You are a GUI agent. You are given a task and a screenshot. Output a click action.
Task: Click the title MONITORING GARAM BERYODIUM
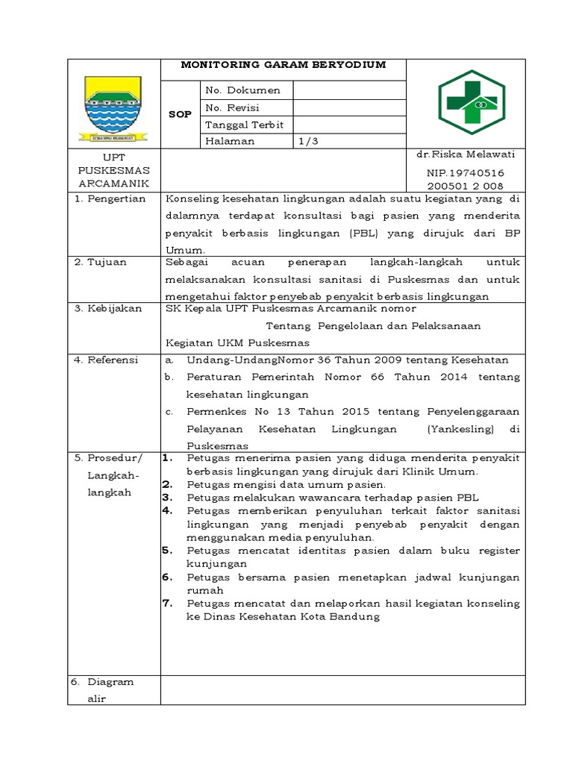pos(284,65)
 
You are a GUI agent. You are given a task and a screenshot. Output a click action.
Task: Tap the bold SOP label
pos(180,115)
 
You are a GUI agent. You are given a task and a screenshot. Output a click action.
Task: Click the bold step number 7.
pos(168,603)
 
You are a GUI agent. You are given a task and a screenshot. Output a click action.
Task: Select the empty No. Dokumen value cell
pos(349,90)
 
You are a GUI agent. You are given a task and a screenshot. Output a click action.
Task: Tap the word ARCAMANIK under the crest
pos(113,184)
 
